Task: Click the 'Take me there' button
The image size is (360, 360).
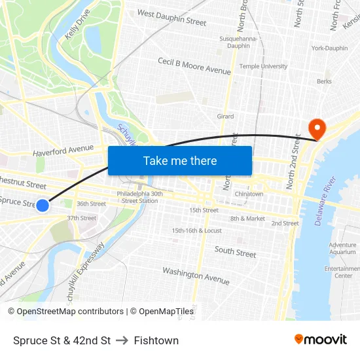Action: pyautogui.click(x=180, y=161)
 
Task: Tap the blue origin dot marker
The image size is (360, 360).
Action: pyautogui.click(x=43, y=206)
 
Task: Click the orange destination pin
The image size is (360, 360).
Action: pyautogui.click(x=317, y=128)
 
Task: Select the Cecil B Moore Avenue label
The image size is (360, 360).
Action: pyautogui.click(x=194, y=65)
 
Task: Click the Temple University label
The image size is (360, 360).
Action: pyautogui.click(x=263, y=66)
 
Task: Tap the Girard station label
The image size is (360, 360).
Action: pyautogui.click(x=225, y=117)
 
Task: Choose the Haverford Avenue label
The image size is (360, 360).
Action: pyautogui.click(x=63, y=151)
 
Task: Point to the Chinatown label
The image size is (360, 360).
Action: pyautogui.click(x=249, y=194)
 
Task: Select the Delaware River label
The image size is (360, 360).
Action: pyautogui.click(x=325, y=201)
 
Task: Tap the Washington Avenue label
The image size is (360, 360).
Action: pyautogui.click(x=196, y=276)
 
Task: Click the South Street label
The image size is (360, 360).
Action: pyautogui.click(x=236, y=252)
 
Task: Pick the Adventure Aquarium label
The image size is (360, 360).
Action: pyautogui.click(x=342, y=248)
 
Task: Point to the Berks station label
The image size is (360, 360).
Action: pyautogui.click(x=324, y=82)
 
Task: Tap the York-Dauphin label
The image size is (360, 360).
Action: pyautogui.click(x=329, y=48)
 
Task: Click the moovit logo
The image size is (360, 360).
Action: pyautogui.click(x=320, y=340)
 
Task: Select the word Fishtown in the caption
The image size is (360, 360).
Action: pyautogui.click(x=156, y=340)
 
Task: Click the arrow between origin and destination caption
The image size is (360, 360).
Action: pyautogui.click(x=122, y=340)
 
